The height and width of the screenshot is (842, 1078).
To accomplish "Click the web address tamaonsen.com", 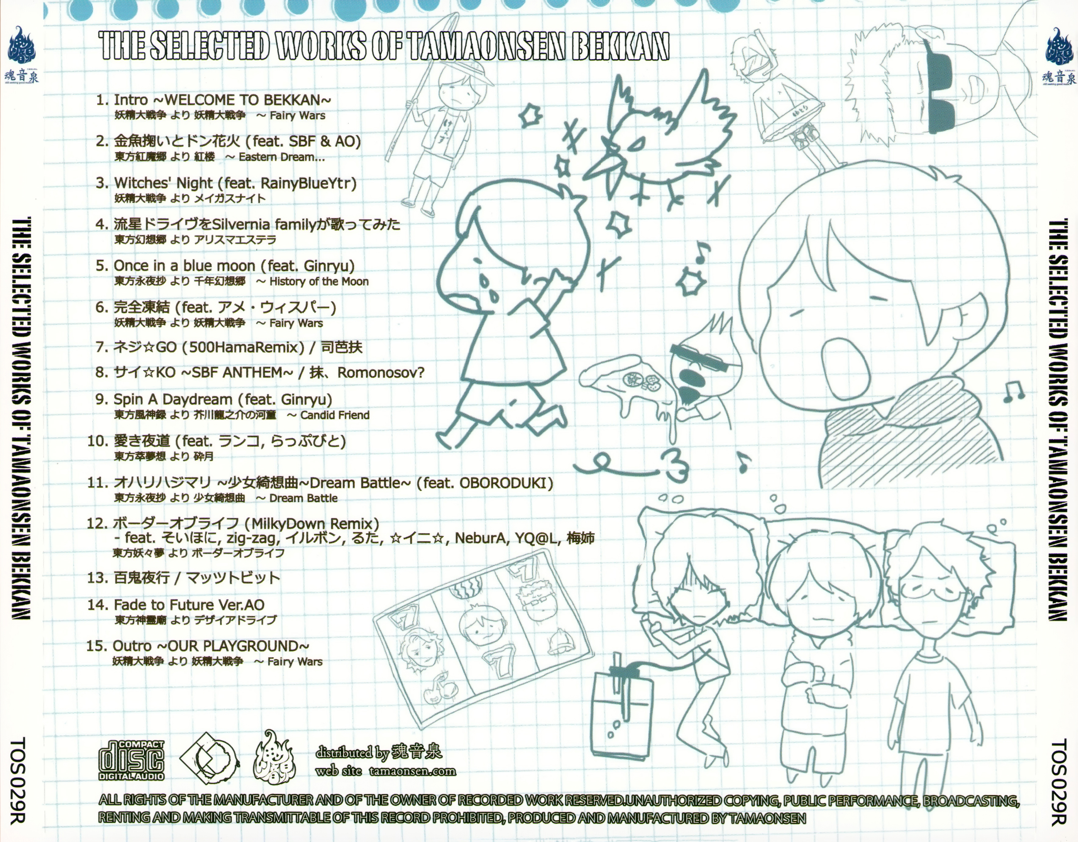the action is (412, 771).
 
